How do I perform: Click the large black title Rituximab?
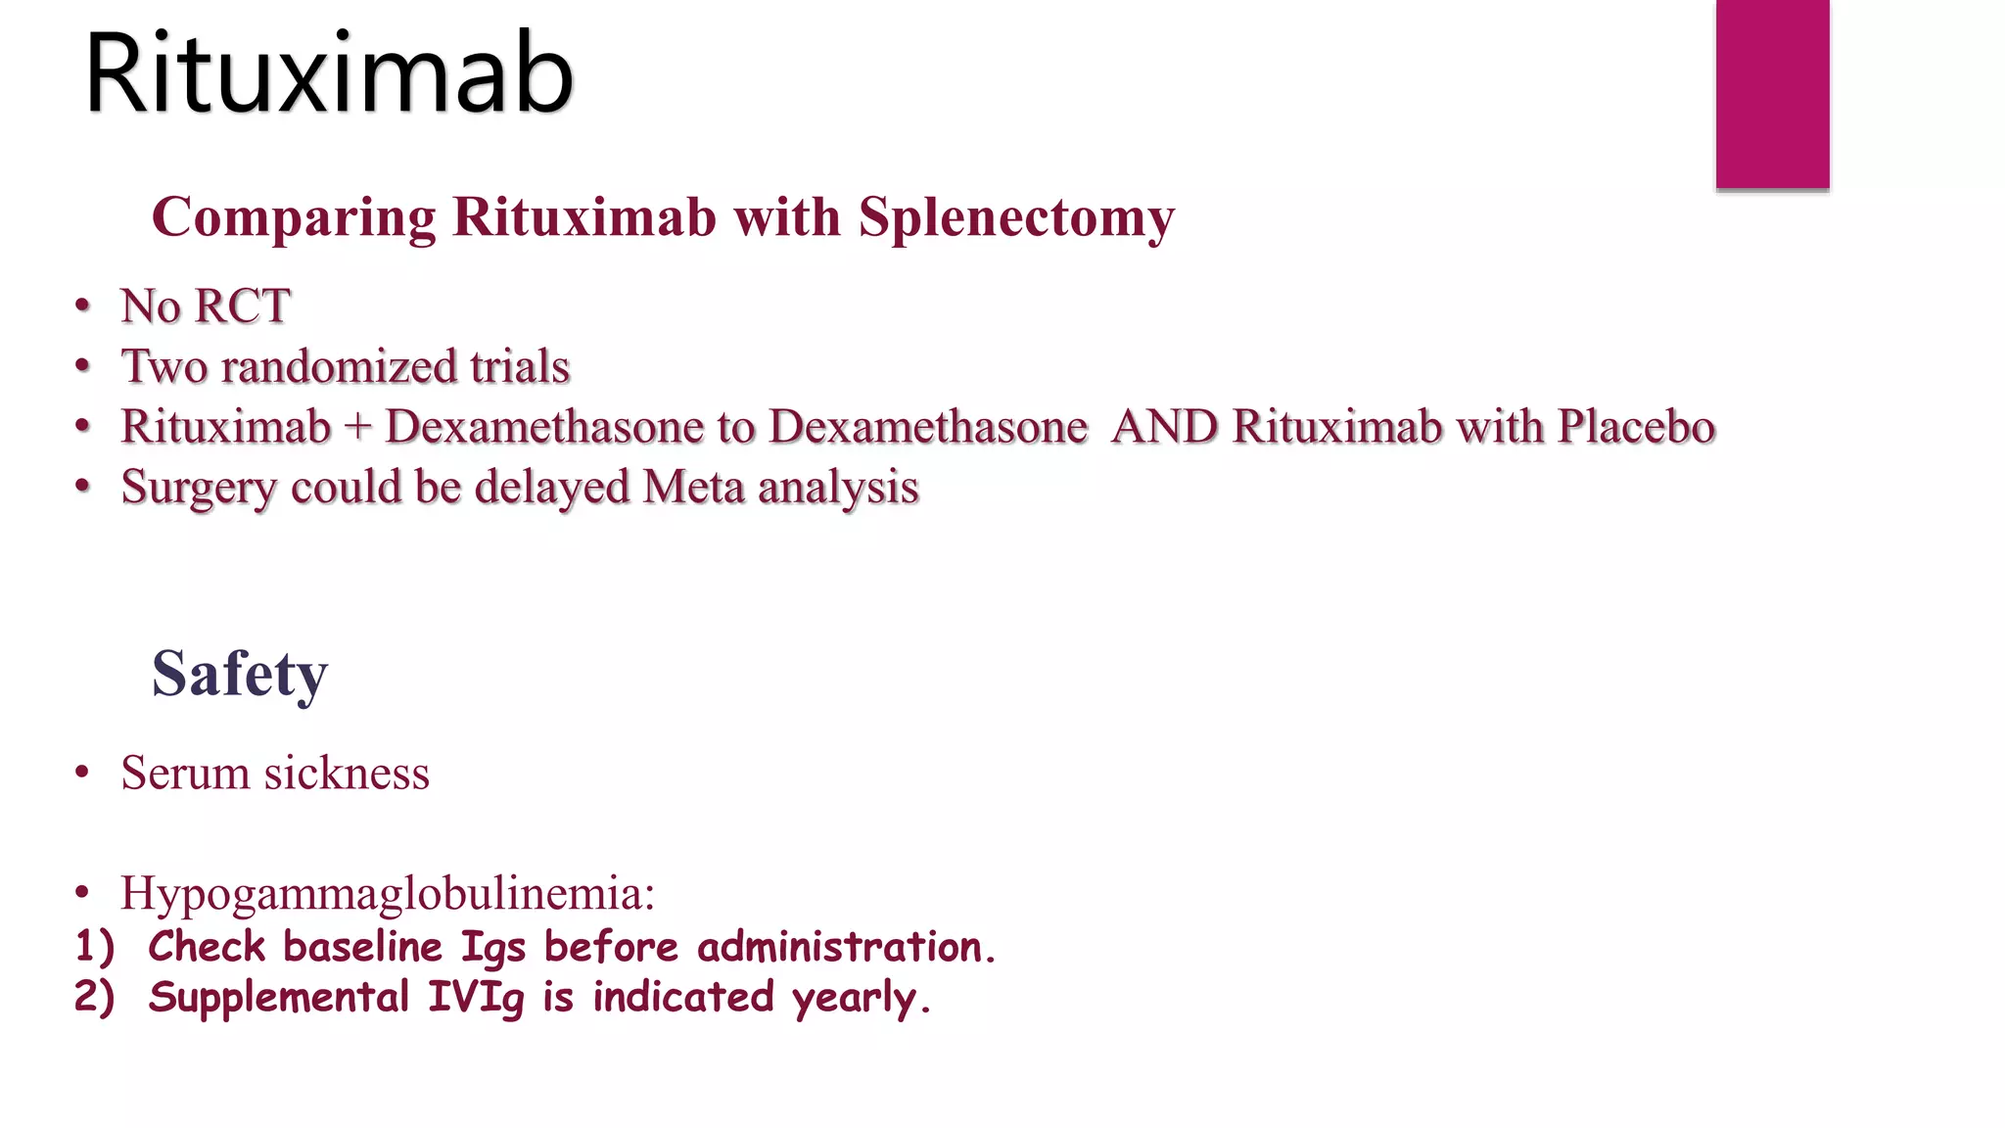tap(329, 74)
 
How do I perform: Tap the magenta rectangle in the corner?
tap(1772, 93)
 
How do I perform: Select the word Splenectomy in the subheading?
tap(1016, 217)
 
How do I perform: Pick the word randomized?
tap(340, 366)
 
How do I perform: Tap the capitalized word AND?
tap(1165, 427)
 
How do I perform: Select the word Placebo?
tap(1636, 427)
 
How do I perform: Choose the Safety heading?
tap(240, 674)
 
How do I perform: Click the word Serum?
tap(185, 773)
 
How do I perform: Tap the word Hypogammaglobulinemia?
tap(387, 893)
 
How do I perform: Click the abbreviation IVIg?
tap(476, 998)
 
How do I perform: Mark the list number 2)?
tap(95, 997)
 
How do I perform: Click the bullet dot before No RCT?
tap(83, 306)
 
